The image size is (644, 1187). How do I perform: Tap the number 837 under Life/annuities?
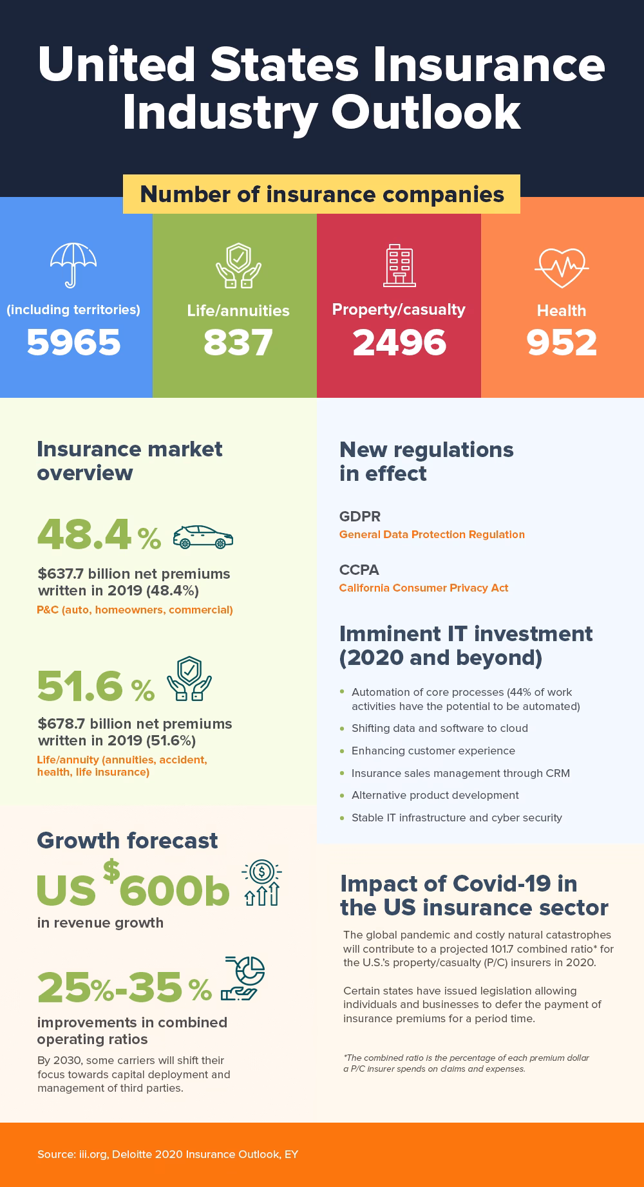click(238, 342)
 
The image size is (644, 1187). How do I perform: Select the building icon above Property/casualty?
click(399, 266)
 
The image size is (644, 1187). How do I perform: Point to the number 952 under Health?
click(562, 342)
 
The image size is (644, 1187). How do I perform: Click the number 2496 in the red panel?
click(399, 342)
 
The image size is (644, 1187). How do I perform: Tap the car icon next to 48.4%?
click(203, 537)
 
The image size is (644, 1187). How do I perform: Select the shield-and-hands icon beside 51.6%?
click(189, 679)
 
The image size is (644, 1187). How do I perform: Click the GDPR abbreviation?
click(360, 516)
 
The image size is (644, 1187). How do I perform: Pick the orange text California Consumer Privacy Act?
click(424, 588)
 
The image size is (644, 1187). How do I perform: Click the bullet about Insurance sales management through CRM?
click(460, 773)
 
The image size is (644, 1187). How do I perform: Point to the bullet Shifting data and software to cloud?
click(439, 728)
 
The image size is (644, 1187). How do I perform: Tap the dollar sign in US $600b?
click(111, 870)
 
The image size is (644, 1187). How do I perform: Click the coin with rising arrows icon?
click(261, 883)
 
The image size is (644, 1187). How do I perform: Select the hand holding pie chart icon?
click(243, 978)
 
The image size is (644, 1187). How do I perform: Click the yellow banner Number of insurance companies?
click(321, 194)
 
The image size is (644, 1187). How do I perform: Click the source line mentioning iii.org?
click(167, 1154)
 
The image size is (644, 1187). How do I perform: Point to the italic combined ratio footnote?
click(466, 1063)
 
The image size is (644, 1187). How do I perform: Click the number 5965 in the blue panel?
click(73, 342)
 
